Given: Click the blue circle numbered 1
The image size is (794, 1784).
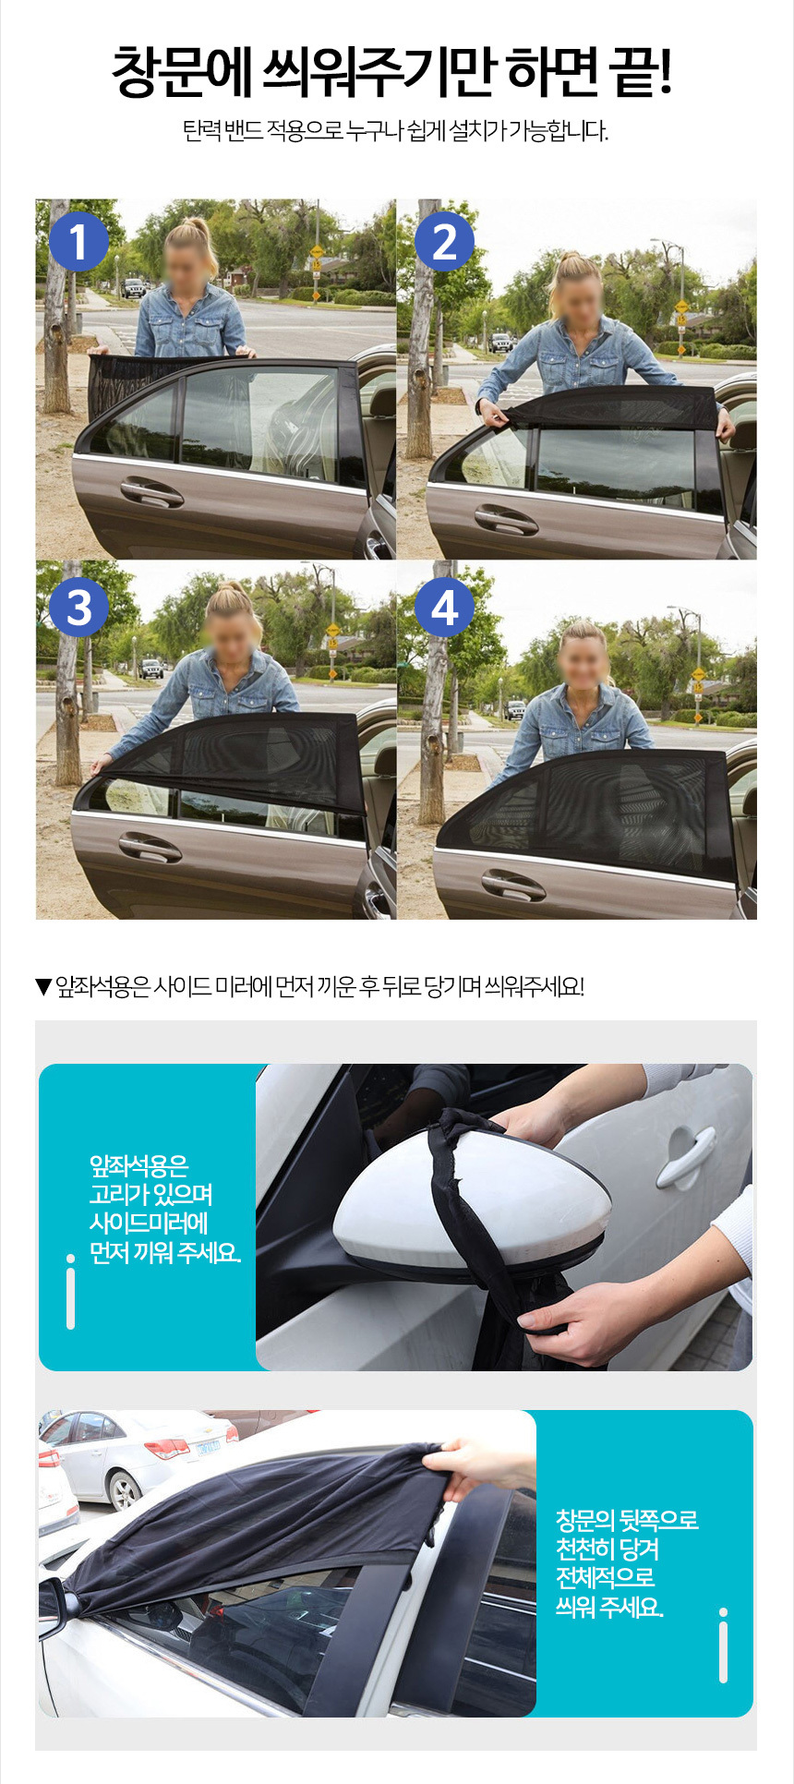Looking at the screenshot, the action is tap(78, 241).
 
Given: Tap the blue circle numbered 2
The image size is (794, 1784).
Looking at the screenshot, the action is tap(444, 241).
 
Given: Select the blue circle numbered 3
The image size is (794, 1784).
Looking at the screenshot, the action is tap(78, 607).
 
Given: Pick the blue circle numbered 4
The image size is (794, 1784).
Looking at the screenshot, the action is tap(444, 607).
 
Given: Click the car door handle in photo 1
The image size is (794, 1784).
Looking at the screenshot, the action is tap(151, 492).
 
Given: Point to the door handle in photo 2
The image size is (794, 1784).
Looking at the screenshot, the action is tap(506, 520).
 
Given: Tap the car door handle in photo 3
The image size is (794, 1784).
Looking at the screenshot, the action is tap(150, 847).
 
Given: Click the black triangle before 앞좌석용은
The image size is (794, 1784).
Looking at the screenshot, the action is tap(43, 987).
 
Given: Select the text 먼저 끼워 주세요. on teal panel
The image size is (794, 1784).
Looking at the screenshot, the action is tap(165, 1252).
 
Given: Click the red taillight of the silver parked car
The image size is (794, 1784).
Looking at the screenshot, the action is tap(167, 1447).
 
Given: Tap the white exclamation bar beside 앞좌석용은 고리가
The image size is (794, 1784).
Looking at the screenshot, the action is tap(70, 1292).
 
